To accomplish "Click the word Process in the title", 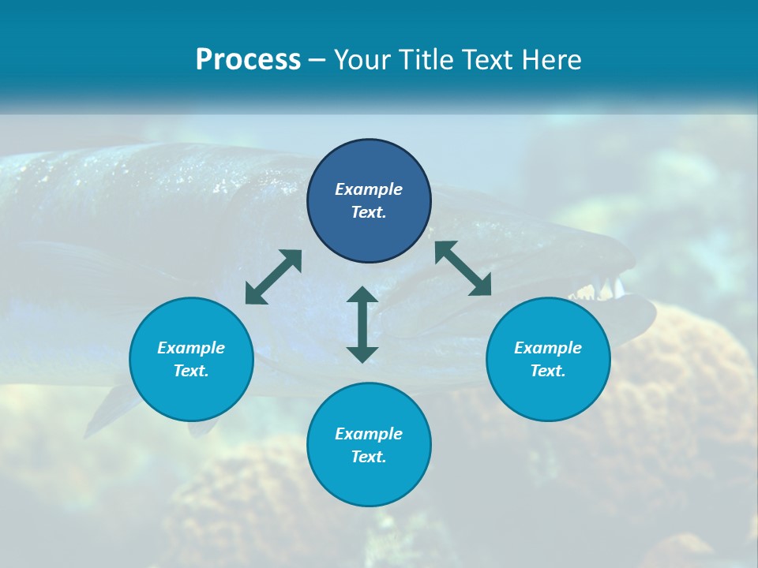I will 248,60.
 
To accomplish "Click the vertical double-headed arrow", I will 362,324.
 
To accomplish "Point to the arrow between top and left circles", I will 273,276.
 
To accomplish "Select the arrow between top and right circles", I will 463,268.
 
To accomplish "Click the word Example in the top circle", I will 369,189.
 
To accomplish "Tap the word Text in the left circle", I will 191,371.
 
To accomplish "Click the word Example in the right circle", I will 548,348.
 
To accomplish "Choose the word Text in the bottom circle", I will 369,457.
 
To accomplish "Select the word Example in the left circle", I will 191,348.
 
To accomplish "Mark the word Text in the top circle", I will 369,212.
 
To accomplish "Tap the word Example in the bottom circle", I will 369,434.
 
